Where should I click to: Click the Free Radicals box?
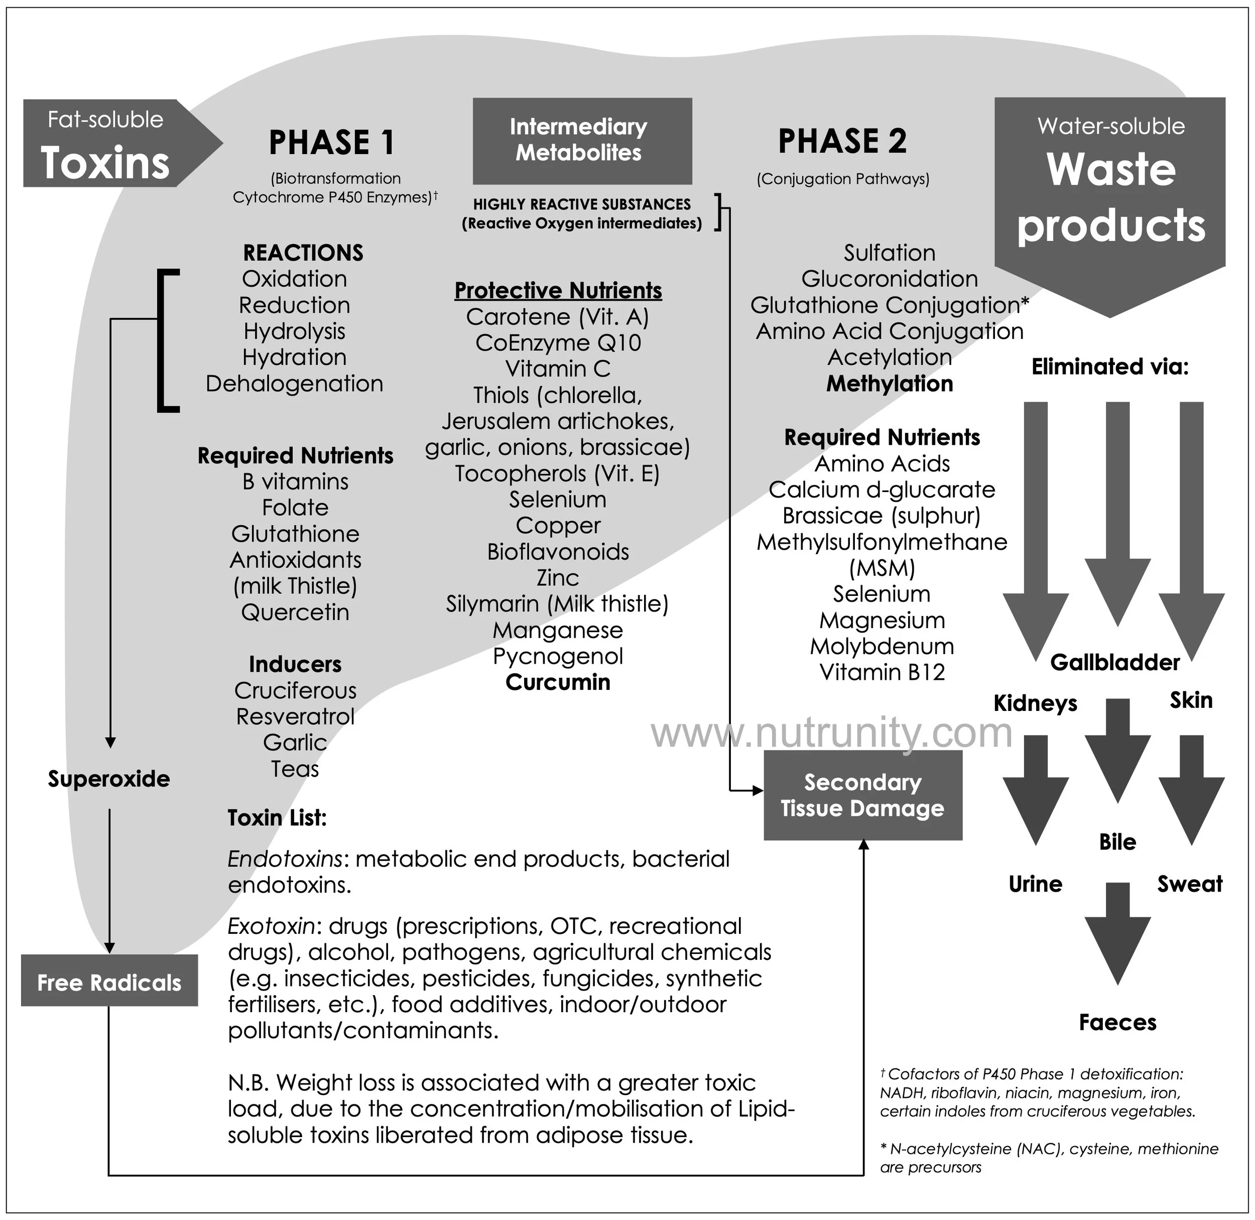coord(109,983)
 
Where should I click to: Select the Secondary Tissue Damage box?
coord(862,795)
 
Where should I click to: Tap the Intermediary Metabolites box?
coord(582,141)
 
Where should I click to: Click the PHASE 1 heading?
coord(331,142)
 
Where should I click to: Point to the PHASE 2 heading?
coord(842,141)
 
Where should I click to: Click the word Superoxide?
coord(109,779)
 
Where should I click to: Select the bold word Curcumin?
coord(557,682)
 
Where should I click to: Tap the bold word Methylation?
coord(889,383)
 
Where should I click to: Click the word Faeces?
coord(1117,1022)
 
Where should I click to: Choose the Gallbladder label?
coord(1115,662)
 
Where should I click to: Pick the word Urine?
coord(1035,884)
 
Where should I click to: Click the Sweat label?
coord(1190,884)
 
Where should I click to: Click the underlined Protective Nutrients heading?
coord(557,290)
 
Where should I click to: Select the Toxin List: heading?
coord(277,818)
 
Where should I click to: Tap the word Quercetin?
coord(295,612)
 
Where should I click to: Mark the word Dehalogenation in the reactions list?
coord(294,383)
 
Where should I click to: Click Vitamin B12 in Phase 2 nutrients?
coord(882,672)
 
